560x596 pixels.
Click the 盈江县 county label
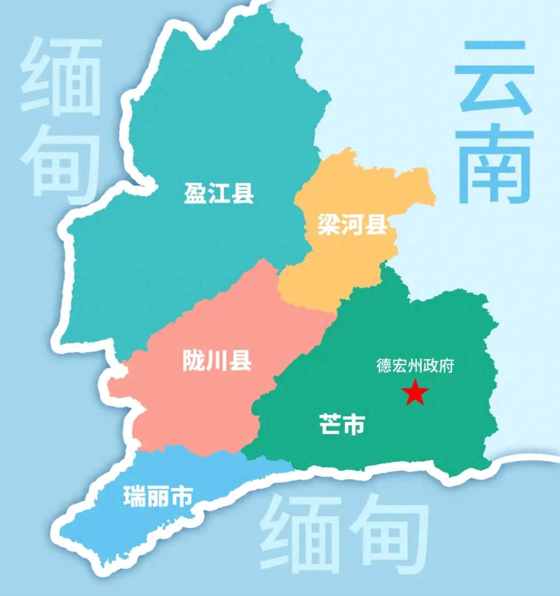[219, 194]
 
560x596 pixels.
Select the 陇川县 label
[217, 361]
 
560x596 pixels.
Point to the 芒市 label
[342, 424]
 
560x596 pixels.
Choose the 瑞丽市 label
[158, 496]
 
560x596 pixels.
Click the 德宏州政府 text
[415, 365]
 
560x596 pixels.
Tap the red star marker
[415, 393]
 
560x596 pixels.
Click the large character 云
[494, 78]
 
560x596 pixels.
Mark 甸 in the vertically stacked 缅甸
[61, 162]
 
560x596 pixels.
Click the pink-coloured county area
[199, 404]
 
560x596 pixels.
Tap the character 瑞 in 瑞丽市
[134, 496]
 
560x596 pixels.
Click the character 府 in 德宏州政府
[446, 365]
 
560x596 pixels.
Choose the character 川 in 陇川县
[217, 361]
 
